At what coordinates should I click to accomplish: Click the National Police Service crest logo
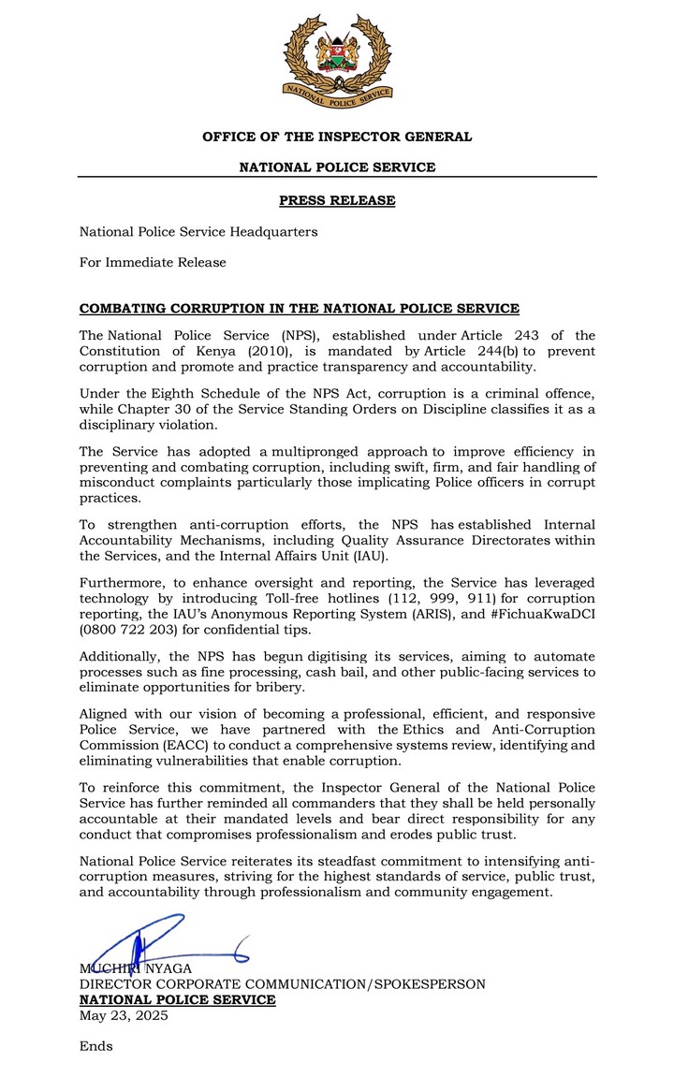337,61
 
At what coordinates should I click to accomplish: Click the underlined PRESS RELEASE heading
337,200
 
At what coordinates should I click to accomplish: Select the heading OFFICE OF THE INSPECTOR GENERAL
337,137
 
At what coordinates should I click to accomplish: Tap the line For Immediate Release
153,262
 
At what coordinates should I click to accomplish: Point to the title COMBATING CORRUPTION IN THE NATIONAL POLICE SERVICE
299,309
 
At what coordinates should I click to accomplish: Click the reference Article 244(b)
473,351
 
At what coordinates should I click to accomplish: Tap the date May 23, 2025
124,1015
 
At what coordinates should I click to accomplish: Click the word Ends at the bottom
95,1046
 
